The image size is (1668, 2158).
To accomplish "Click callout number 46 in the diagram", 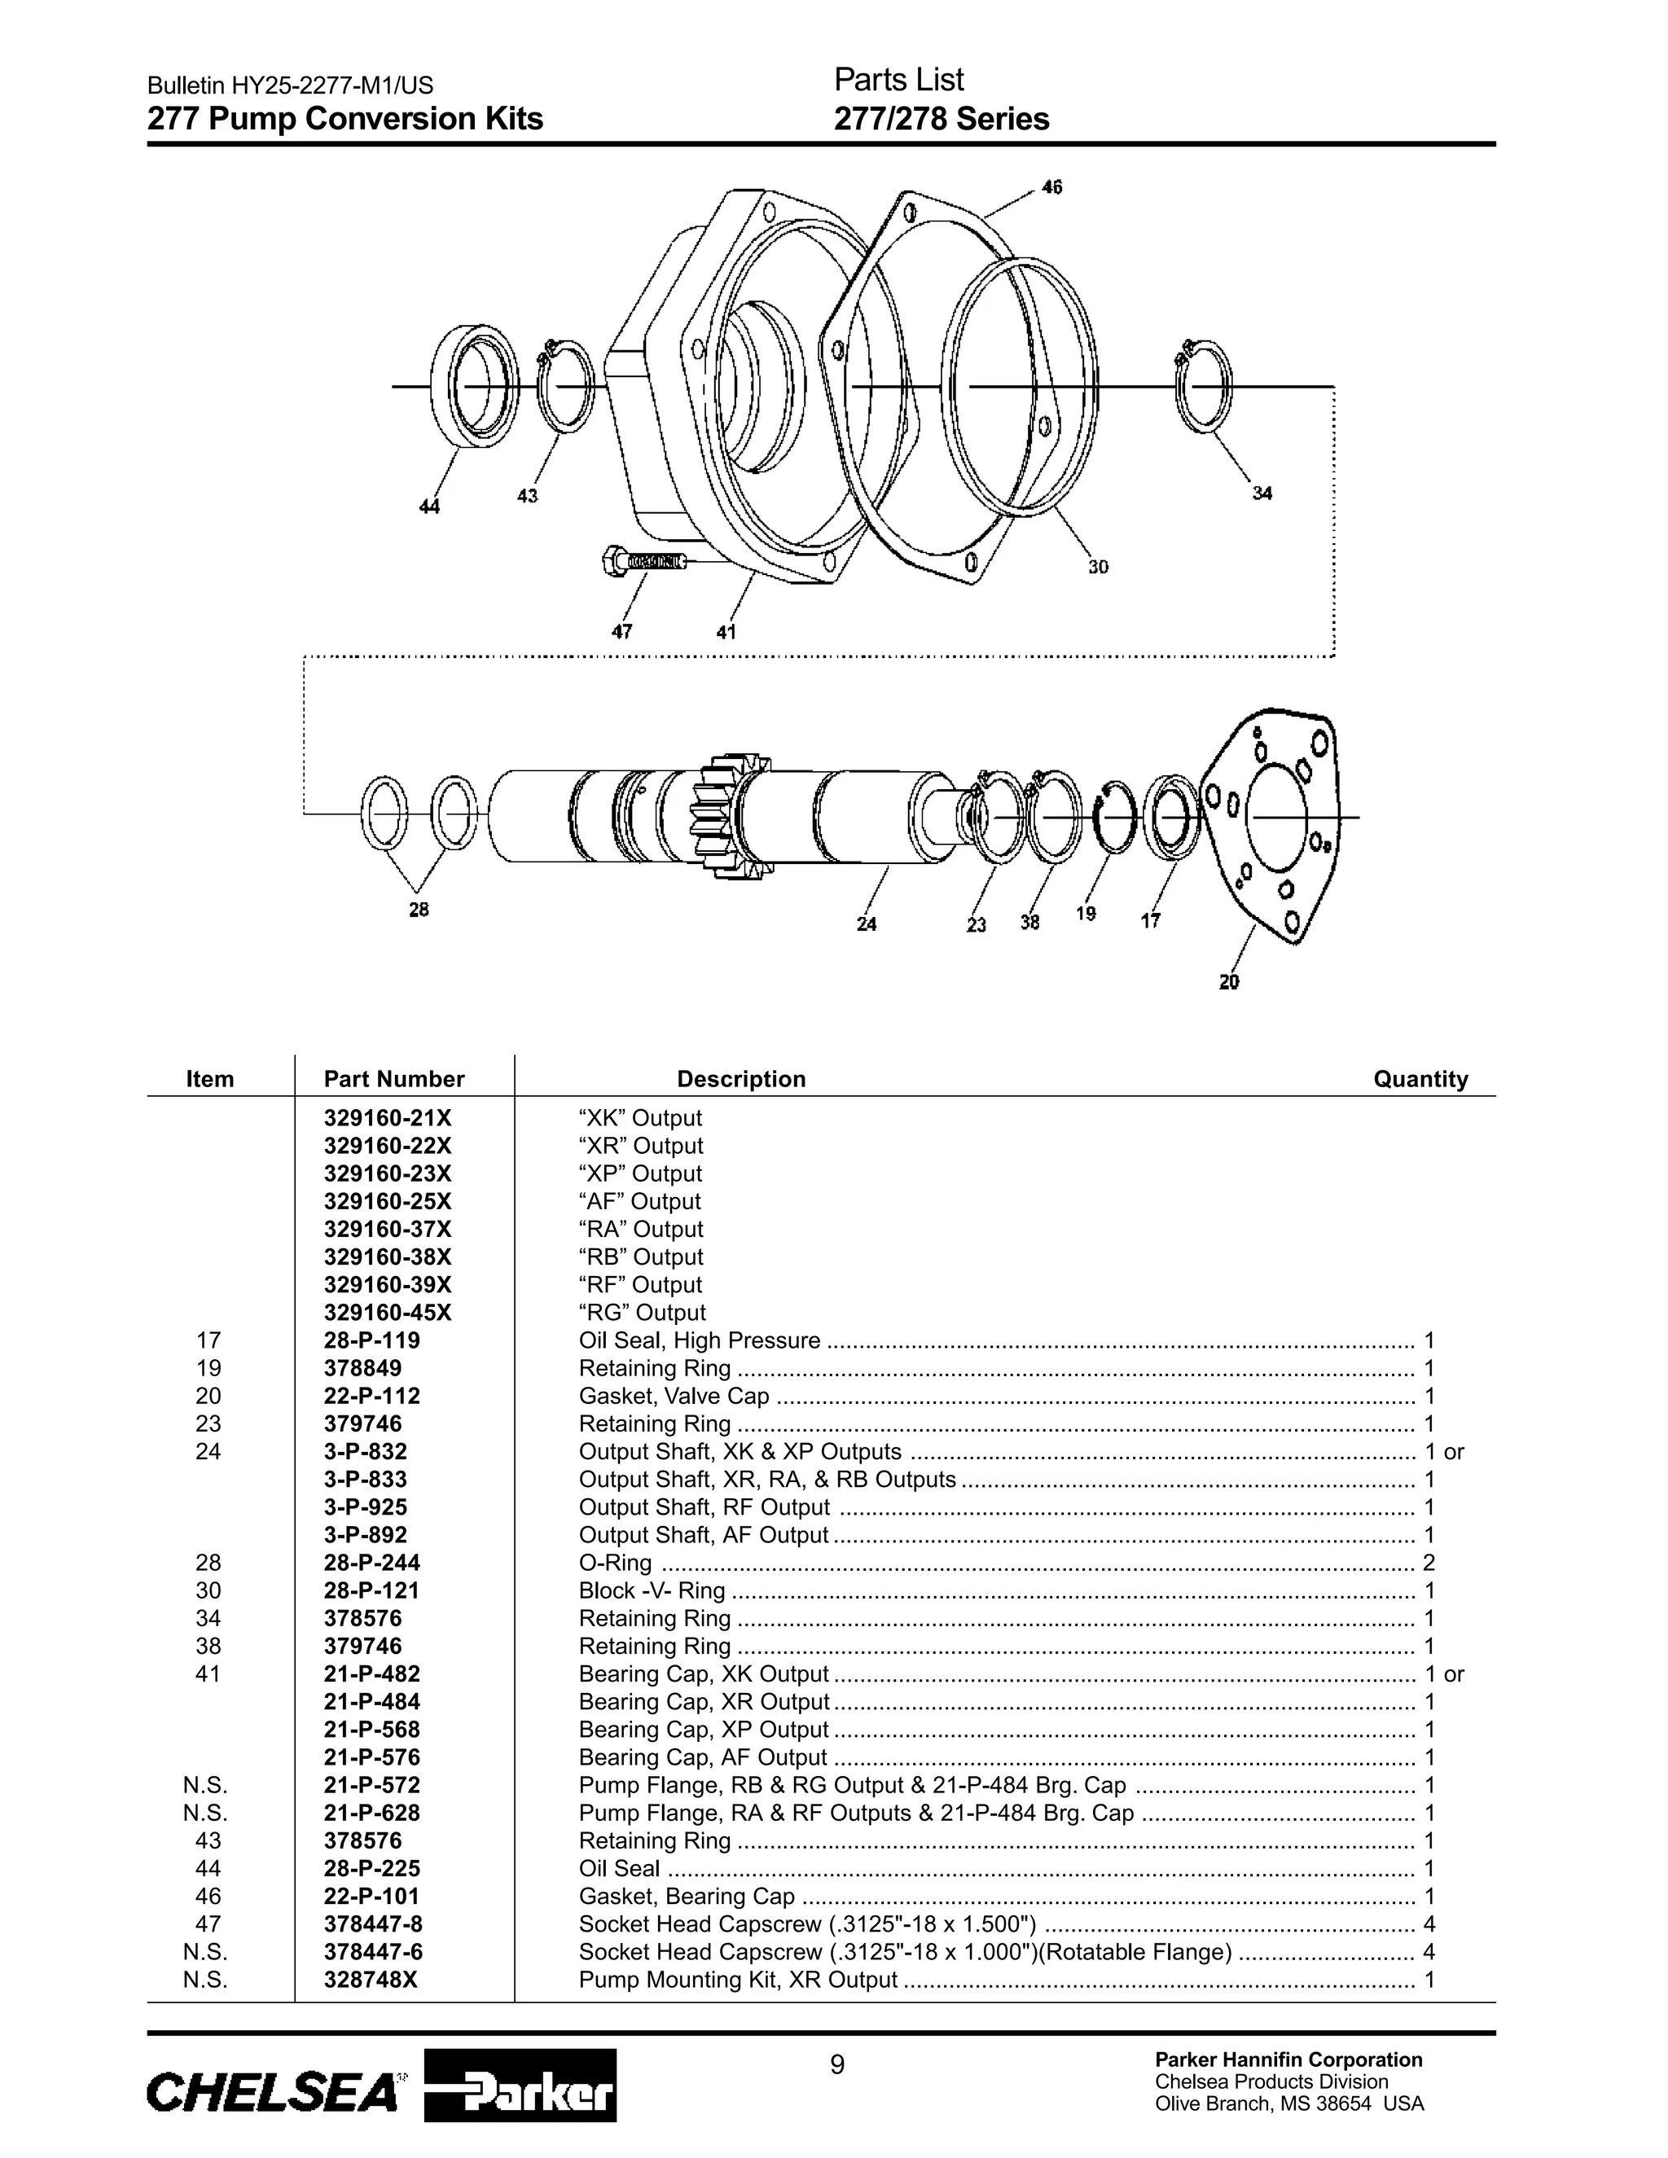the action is [1052, 186].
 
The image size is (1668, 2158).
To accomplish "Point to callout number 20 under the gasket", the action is [1228, 982].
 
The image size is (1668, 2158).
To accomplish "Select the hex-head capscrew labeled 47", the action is [643, 562].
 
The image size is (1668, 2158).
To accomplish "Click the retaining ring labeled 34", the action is [1203, 386].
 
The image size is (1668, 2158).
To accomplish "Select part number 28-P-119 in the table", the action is [371, 1341].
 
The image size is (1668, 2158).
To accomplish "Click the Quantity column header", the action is [1420, 1079].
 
